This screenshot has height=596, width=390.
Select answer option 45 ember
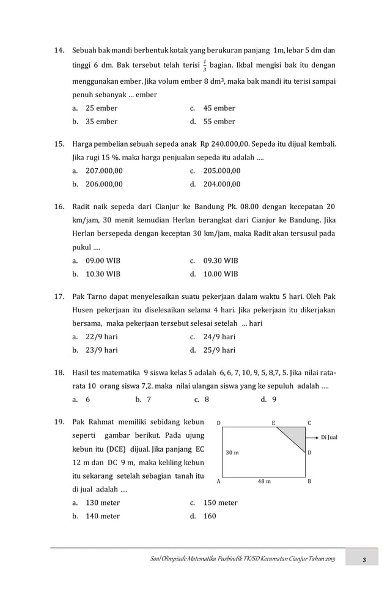click(x=219, y=108)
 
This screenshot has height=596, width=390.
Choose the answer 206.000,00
click(x=104, y=183)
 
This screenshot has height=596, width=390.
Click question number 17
click(x=60, y=296)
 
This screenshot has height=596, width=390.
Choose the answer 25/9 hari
click(x=219, y=350)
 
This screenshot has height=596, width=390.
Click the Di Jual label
click(x=329, y=438)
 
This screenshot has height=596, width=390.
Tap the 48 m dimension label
click(x=265, y=481)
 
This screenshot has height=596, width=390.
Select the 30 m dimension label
click(x=232, y=452)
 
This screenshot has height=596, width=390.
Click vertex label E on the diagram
click(x=273, y=422)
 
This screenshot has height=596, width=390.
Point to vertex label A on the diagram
click(x=218, y=481)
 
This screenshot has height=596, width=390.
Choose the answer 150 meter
click(x=220, y=502)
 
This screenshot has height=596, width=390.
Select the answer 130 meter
click(x=103, y=502)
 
